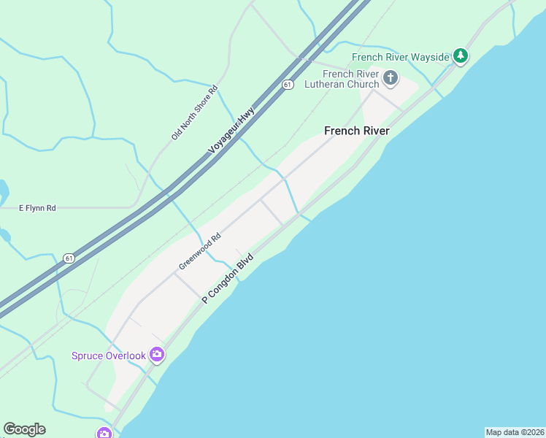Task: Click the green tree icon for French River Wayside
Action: [460, 55]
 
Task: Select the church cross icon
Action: [391, 77]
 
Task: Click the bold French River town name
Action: [356, 131]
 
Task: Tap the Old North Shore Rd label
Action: [195, 113]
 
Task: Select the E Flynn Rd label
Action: [37, 208]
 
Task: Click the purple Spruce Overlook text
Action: [108, 356]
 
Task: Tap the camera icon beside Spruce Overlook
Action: [156, 356]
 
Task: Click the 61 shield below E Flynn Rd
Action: [69, 258]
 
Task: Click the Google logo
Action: [24, 429]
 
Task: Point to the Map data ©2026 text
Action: [515, 432]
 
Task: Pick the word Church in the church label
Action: [363, 84]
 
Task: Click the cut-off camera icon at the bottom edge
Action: [104, 434]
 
